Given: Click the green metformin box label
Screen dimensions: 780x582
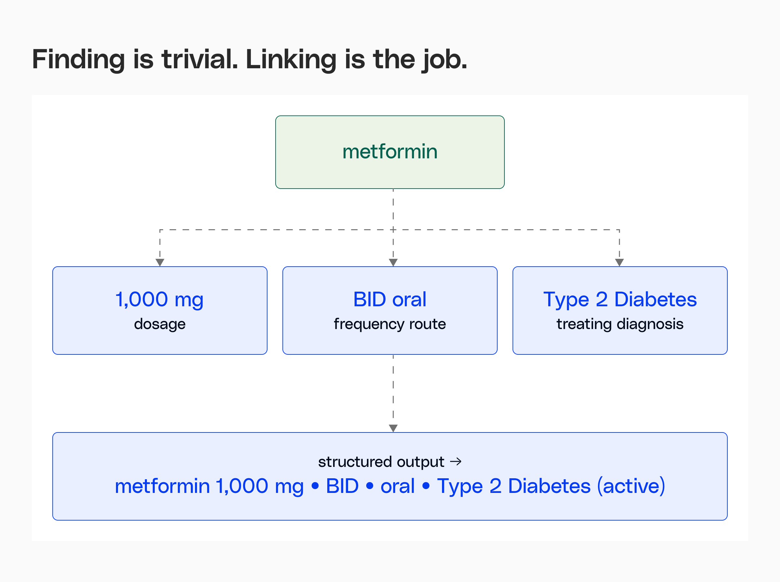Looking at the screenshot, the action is point(390,152).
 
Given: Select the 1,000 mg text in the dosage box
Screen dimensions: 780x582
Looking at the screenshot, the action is point(160,300).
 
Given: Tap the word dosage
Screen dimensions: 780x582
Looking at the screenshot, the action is point(160,324).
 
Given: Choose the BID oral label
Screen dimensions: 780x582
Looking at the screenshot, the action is point(390,299).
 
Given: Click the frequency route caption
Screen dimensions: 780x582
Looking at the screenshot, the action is point(390,324).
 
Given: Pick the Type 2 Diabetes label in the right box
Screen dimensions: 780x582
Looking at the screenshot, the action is point(620,300).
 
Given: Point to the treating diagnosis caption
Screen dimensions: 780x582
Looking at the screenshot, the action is point(620,324).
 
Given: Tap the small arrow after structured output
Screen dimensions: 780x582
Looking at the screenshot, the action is point(456,461).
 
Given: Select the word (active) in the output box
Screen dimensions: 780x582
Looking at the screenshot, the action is point(631,486).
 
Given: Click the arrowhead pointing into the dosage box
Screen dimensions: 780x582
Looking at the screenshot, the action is point(160,262).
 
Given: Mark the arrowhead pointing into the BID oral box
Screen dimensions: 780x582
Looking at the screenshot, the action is point(393,262).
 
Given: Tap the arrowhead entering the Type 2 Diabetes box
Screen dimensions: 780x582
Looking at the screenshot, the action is point(619,262).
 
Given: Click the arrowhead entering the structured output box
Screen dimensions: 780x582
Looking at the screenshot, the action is point(393,429).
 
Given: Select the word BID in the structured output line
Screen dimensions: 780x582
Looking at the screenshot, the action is point(342,486).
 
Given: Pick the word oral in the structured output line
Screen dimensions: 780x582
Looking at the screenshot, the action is point(397,486).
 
